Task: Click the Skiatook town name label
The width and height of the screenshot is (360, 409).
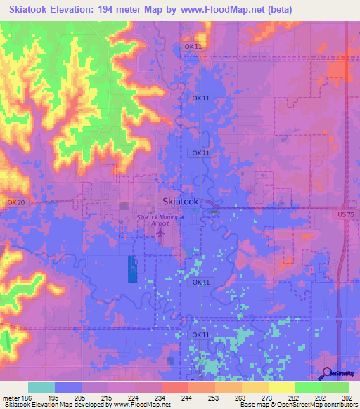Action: [180, 201]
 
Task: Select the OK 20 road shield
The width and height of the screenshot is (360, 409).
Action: [15, 202]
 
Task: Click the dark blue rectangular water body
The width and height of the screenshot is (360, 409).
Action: [133, 268]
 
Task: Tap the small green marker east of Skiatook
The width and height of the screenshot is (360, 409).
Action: [213, 211]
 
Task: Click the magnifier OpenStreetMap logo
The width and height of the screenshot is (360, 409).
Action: [328, 374]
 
